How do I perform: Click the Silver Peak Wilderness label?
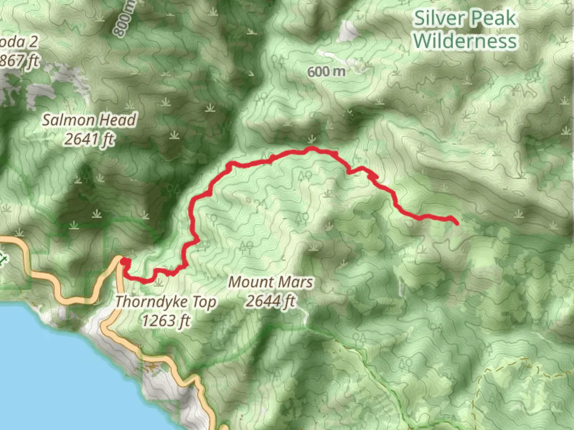[465, 30]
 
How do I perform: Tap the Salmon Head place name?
[89, 120]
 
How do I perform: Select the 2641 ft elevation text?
[89, 139]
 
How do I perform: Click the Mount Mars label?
[271, 282]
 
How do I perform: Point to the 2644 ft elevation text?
[271, 301]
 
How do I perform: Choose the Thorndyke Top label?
[166, 302]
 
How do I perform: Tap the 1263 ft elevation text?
[166, 321]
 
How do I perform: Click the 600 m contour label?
[326, 72]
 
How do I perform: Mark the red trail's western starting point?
[125, 261]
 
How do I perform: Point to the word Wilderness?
[465, 41]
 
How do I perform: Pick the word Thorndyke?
[151, 302]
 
